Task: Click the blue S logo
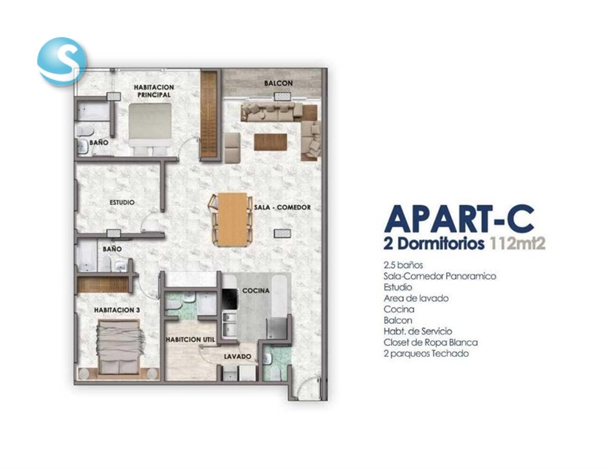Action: (61, 61)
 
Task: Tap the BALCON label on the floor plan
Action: (278, 83)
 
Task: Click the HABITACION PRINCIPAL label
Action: (154, 91)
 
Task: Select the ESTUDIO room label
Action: (122, 203)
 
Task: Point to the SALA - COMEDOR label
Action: (282, 208)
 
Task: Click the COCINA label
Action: (255, 291)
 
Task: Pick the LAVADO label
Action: (237, 356)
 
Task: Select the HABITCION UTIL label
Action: (191, 340)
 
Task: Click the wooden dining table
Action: (233, 219)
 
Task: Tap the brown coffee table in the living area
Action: (271, 142)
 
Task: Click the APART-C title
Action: (460, 219)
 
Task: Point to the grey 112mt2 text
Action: (518, 244)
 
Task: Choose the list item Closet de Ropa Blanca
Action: (431, 343)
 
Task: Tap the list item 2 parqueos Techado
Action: (426, 353)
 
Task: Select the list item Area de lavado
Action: (416, 299)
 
